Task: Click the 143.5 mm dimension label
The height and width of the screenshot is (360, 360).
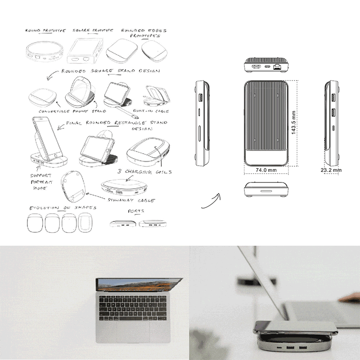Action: [x=293, y=122]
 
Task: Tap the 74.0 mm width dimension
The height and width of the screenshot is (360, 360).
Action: [x=266, y=170]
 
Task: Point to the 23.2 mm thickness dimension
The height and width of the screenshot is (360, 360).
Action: [x=331, y=170]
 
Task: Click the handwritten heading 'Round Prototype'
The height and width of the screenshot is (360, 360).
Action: [x=45, y=31]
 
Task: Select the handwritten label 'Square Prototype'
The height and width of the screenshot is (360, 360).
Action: [x=93, y=30]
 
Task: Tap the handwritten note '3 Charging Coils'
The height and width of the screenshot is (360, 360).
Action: [x=144, y=171]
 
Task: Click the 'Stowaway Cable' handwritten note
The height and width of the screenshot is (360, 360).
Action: [x=131, y=200]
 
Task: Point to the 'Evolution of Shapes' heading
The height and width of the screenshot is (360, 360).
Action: [x=63, y=208]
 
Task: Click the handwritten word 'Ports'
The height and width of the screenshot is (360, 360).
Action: [x=136, y=211]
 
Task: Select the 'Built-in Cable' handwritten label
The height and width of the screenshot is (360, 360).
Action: [x=151, y=111]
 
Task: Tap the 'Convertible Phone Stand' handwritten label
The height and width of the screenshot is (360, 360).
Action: [x=72, y=111]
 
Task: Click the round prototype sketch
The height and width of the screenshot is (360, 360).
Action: [x=44, y=51]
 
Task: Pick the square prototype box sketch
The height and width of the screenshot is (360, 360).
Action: [x=85, y=51]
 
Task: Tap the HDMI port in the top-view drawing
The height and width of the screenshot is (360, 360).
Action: [x=256, y=67]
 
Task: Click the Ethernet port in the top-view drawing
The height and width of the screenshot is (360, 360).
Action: [x=277, y=67]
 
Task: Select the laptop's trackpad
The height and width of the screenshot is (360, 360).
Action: [x=133, y=332]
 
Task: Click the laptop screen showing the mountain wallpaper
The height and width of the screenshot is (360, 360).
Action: [x=139, y=285]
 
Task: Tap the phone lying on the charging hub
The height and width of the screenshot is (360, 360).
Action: [x=295, y=328]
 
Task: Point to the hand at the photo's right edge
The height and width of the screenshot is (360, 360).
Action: [x=350, y=298]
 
